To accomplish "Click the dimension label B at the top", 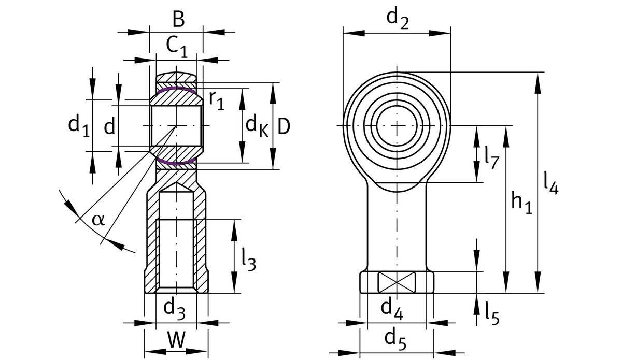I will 178,20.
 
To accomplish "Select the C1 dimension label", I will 177,47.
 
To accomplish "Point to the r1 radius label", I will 216,100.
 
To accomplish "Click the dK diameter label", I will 257,126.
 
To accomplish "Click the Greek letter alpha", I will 98,219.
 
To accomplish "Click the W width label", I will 176,340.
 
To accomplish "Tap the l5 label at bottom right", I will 492,313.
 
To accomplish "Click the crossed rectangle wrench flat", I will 397,282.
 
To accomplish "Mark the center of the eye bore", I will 397,126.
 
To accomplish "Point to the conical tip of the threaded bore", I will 176,184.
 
